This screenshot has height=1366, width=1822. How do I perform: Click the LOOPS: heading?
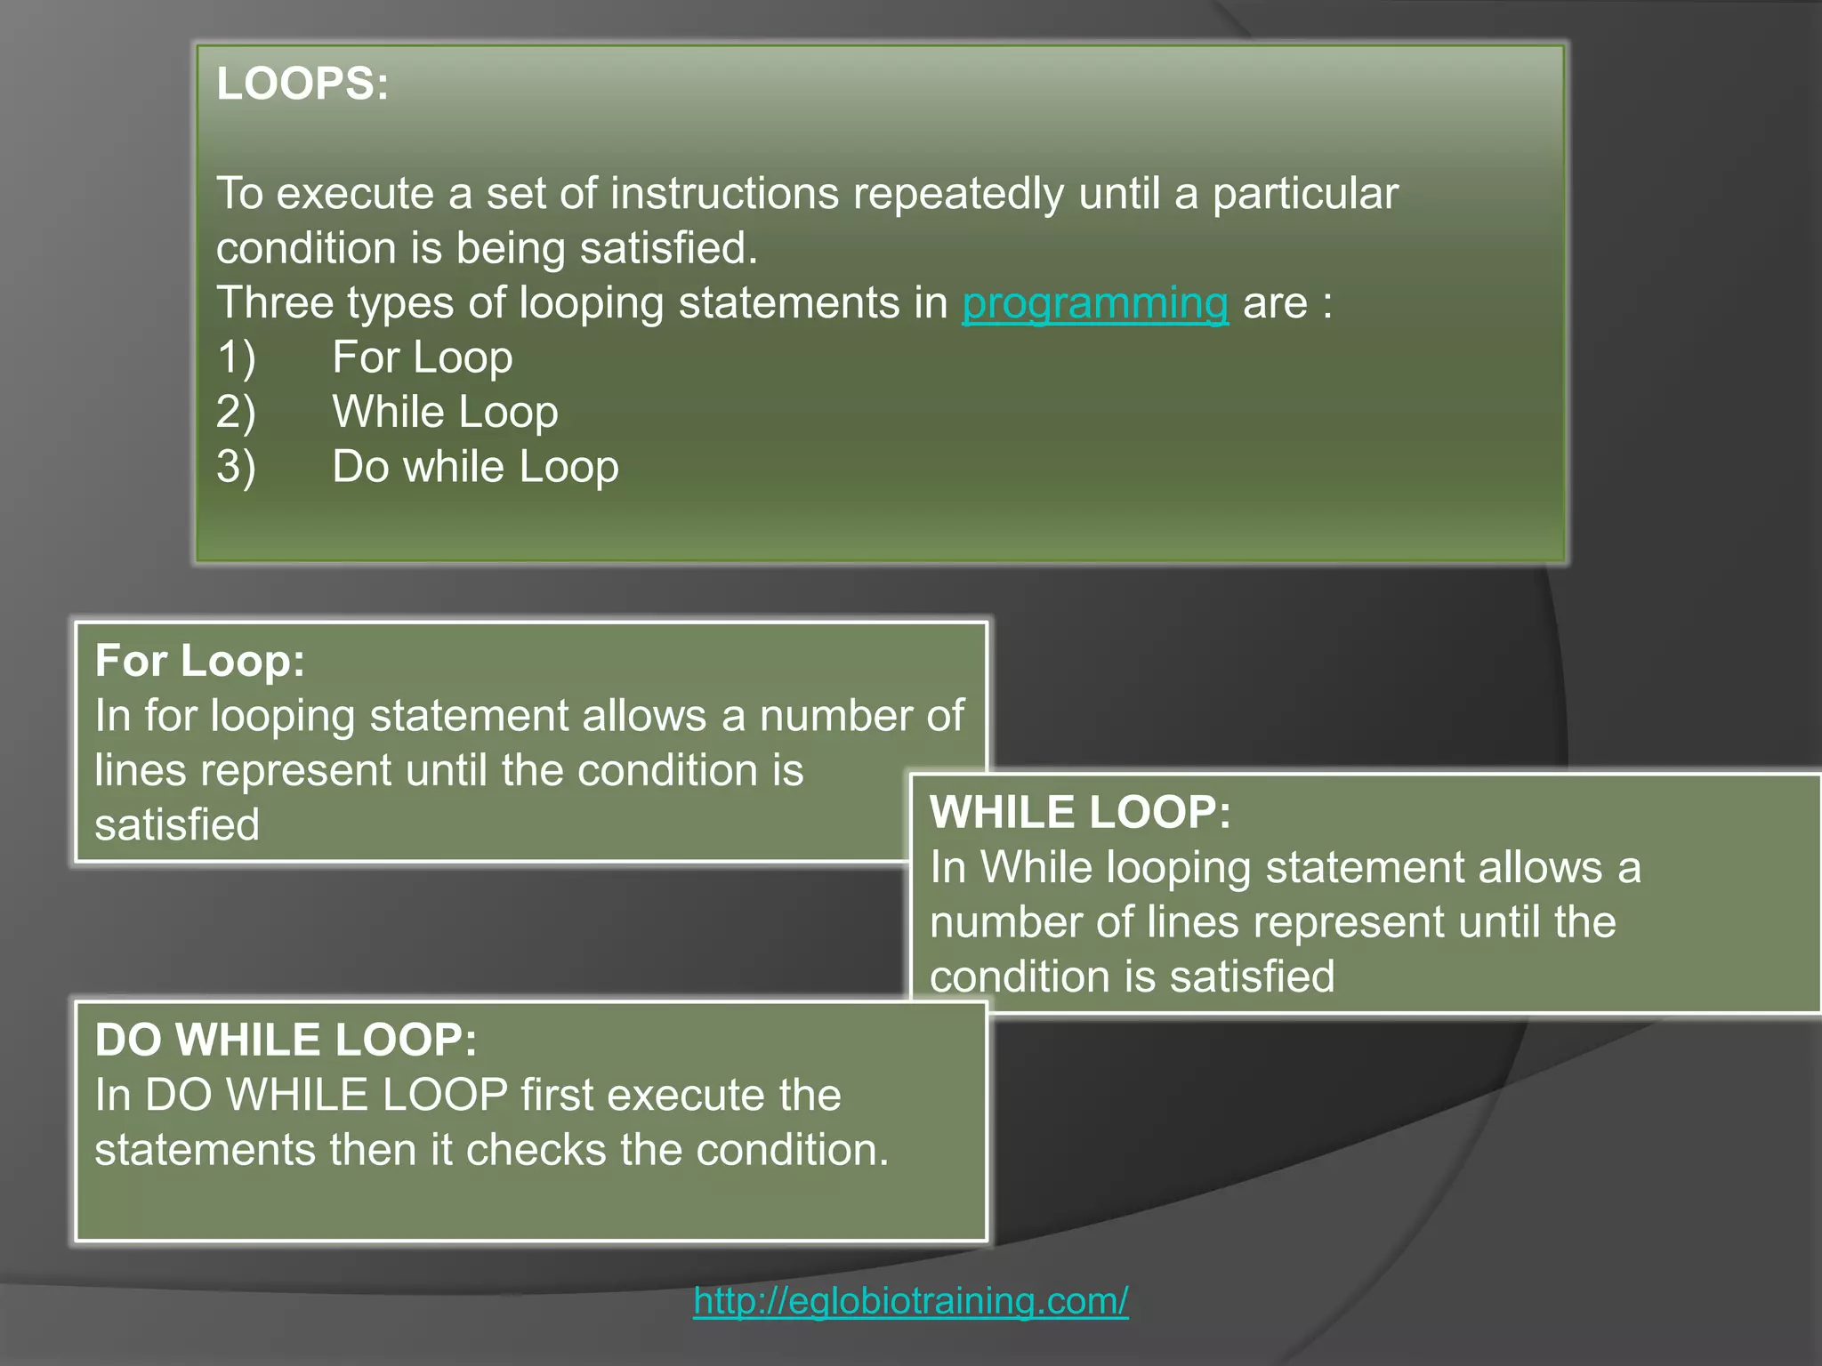point(302,84)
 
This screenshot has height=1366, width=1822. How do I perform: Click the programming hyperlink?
point(1094,303)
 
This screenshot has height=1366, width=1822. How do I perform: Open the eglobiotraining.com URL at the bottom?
point(911,1300)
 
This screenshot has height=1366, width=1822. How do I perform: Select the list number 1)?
point(236,358)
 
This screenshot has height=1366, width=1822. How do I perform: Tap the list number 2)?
point(236,413)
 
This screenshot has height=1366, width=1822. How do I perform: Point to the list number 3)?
point(236,467)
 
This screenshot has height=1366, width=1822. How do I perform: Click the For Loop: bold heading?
point(199,661)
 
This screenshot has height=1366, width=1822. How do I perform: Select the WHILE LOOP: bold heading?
point(1080,812)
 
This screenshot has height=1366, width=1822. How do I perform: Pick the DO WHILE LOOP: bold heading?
point(286,1040)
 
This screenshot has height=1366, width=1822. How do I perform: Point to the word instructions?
point(724,194)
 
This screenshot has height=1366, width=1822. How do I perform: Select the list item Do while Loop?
point(475,467)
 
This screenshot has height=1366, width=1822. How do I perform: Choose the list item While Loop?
point(445,413)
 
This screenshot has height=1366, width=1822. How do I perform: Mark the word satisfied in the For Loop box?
point(177,824)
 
